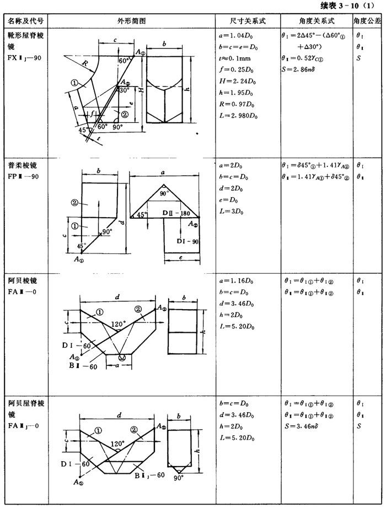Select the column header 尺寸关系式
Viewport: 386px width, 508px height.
(x=248, y=20)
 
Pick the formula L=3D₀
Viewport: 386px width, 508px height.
(x=232, y=210)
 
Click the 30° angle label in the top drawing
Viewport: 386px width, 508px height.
(x=124, y=90)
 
